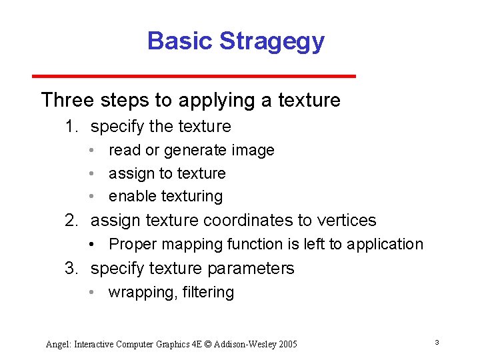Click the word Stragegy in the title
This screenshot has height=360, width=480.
pyautogui.click(x=271, y=41)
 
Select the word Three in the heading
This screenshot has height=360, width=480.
pyautogui.click(x=67, y=100)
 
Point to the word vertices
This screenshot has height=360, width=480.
pyautogui.click(x=347, y=221)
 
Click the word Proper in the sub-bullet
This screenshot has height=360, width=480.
pyautogui.click(x=132, y=245)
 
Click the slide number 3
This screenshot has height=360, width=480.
pyautogui.click(x=436, y=343)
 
